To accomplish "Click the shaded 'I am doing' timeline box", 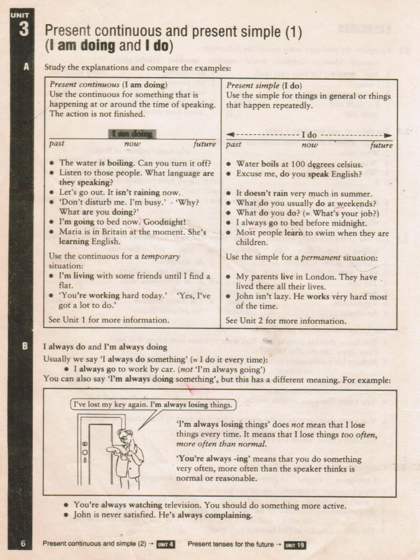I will [132, 133].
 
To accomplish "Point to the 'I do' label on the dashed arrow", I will [309, 134].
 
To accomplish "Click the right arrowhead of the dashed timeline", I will [388, 135].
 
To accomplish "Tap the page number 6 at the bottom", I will [23, 543].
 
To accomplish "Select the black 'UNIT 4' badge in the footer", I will [165, 544].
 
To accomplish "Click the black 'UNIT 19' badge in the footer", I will [295, 545].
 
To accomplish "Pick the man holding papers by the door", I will [128, 457].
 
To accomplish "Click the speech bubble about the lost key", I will [154, 405].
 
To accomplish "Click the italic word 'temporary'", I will [160, 256].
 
